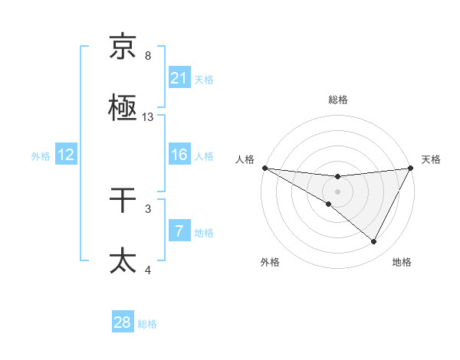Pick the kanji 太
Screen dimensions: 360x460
(x=123, y=260)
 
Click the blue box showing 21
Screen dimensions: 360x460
(x=179, y=78)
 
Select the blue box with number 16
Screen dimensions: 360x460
(x=179, y=155)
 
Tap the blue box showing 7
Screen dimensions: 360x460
(x=179, y=231)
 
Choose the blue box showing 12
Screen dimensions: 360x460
(x=66, y=155)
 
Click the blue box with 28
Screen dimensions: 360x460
(x=123, y=323)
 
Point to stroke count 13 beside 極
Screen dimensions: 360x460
(x=148, y=117)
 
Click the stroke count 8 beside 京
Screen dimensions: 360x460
(x=148, y=56)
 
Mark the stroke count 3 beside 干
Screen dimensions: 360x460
(x=148, y=208)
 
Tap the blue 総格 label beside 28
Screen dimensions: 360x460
(x=147, y=324)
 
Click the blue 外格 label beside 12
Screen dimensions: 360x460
(x=41, y=155)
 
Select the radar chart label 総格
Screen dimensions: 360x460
(x=338, y=100)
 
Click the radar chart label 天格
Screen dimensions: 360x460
(x=432, y=159)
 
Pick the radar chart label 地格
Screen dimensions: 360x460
(x=402, y=262)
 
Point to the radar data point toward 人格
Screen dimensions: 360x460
(x=264, y=168)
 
